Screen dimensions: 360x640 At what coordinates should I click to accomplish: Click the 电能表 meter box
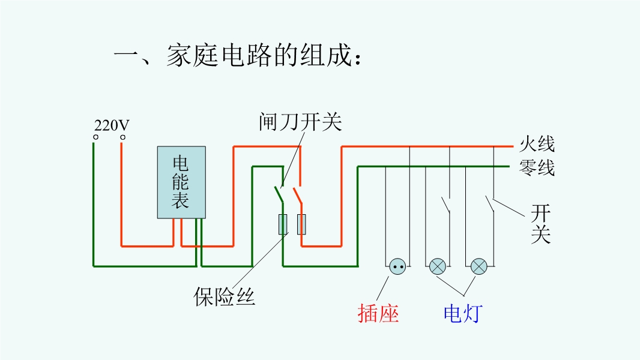[x=181, y=182]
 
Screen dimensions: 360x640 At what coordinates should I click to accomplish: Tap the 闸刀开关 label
[x=300, y=122]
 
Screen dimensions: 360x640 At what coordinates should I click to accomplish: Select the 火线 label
[x=537, y=144]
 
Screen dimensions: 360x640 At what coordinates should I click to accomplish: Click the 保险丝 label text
[x=225, y=296]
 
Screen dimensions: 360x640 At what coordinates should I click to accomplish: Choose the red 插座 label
[x=378, y=313]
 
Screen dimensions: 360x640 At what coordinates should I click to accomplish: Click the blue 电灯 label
[x=463, y=313]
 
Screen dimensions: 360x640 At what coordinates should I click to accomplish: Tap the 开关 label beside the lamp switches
[x=540, y=223]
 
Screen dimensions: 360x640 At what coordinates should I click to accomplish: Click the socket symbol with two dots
[x=397, y=266]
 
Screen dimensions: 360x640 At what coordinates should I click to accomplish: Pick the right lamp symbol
[x=478, y=266]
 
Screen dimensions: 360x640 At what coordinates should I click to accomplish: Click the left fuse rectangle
[x=282, y=224]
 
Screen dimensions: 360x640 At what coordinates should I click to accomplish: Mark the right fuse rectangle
[x=301, y=224]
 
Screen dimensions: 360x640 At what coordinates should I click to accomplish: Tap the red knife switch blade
[x=297, y=195]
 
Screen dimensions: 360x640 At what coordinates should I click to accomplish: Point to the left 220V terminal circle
[x=94, y=137]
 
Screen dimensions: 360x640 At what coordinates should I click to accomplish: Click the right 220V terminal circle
[x=122, y=137]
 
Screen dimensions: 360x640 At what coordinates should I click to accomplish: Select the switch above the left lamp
[x=446, y=204]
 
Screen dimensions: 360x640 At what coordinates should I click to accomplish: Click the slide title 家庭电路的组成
[x=238, y=58]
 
